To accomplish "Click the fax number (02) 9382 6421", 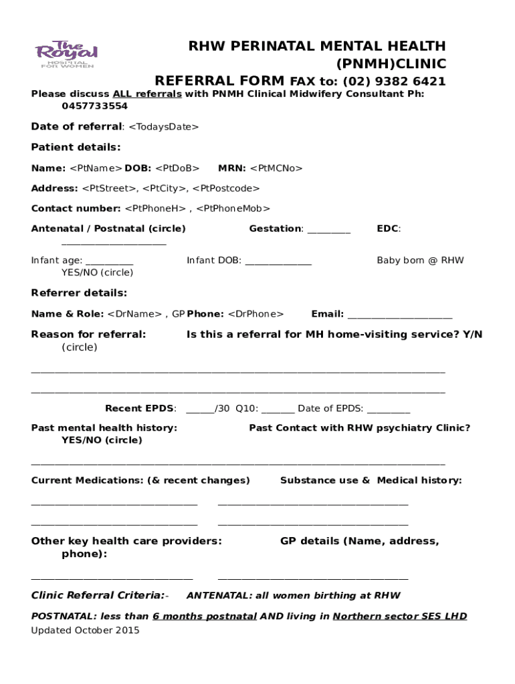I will [394, 81].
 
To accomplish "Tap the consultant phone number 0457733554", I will [94, 106].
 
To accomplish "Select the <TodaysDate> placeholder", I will [163, 127].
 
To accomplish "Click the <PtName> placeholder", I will [95, 168].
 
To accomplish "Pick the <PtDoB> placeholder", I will [177, 168].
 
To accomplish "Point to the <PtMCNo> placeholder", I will [276, 168].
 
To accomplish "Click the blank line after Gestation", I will [328, 230].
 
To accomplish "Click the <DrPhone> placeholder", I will [255, 314].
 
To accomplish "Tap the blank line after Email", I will [399, 315].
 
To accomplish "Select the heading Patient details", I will [76, 147].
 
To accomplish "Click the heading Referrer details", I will [79, 293].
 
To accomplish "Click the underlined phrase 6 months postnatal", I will [204, 616].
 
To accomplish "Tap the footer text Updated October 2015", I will [85, 631].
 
